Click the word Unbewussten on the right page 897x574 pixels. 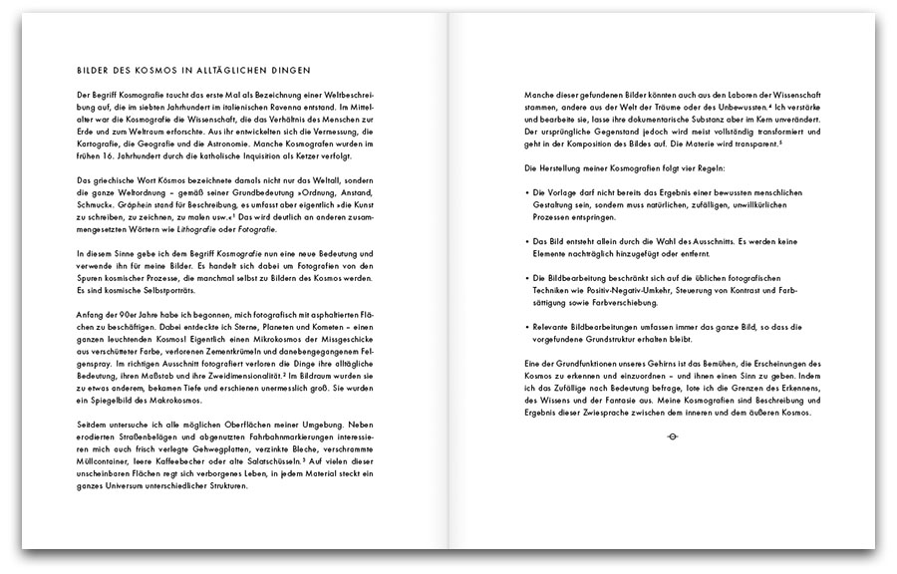coord(738,105)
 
